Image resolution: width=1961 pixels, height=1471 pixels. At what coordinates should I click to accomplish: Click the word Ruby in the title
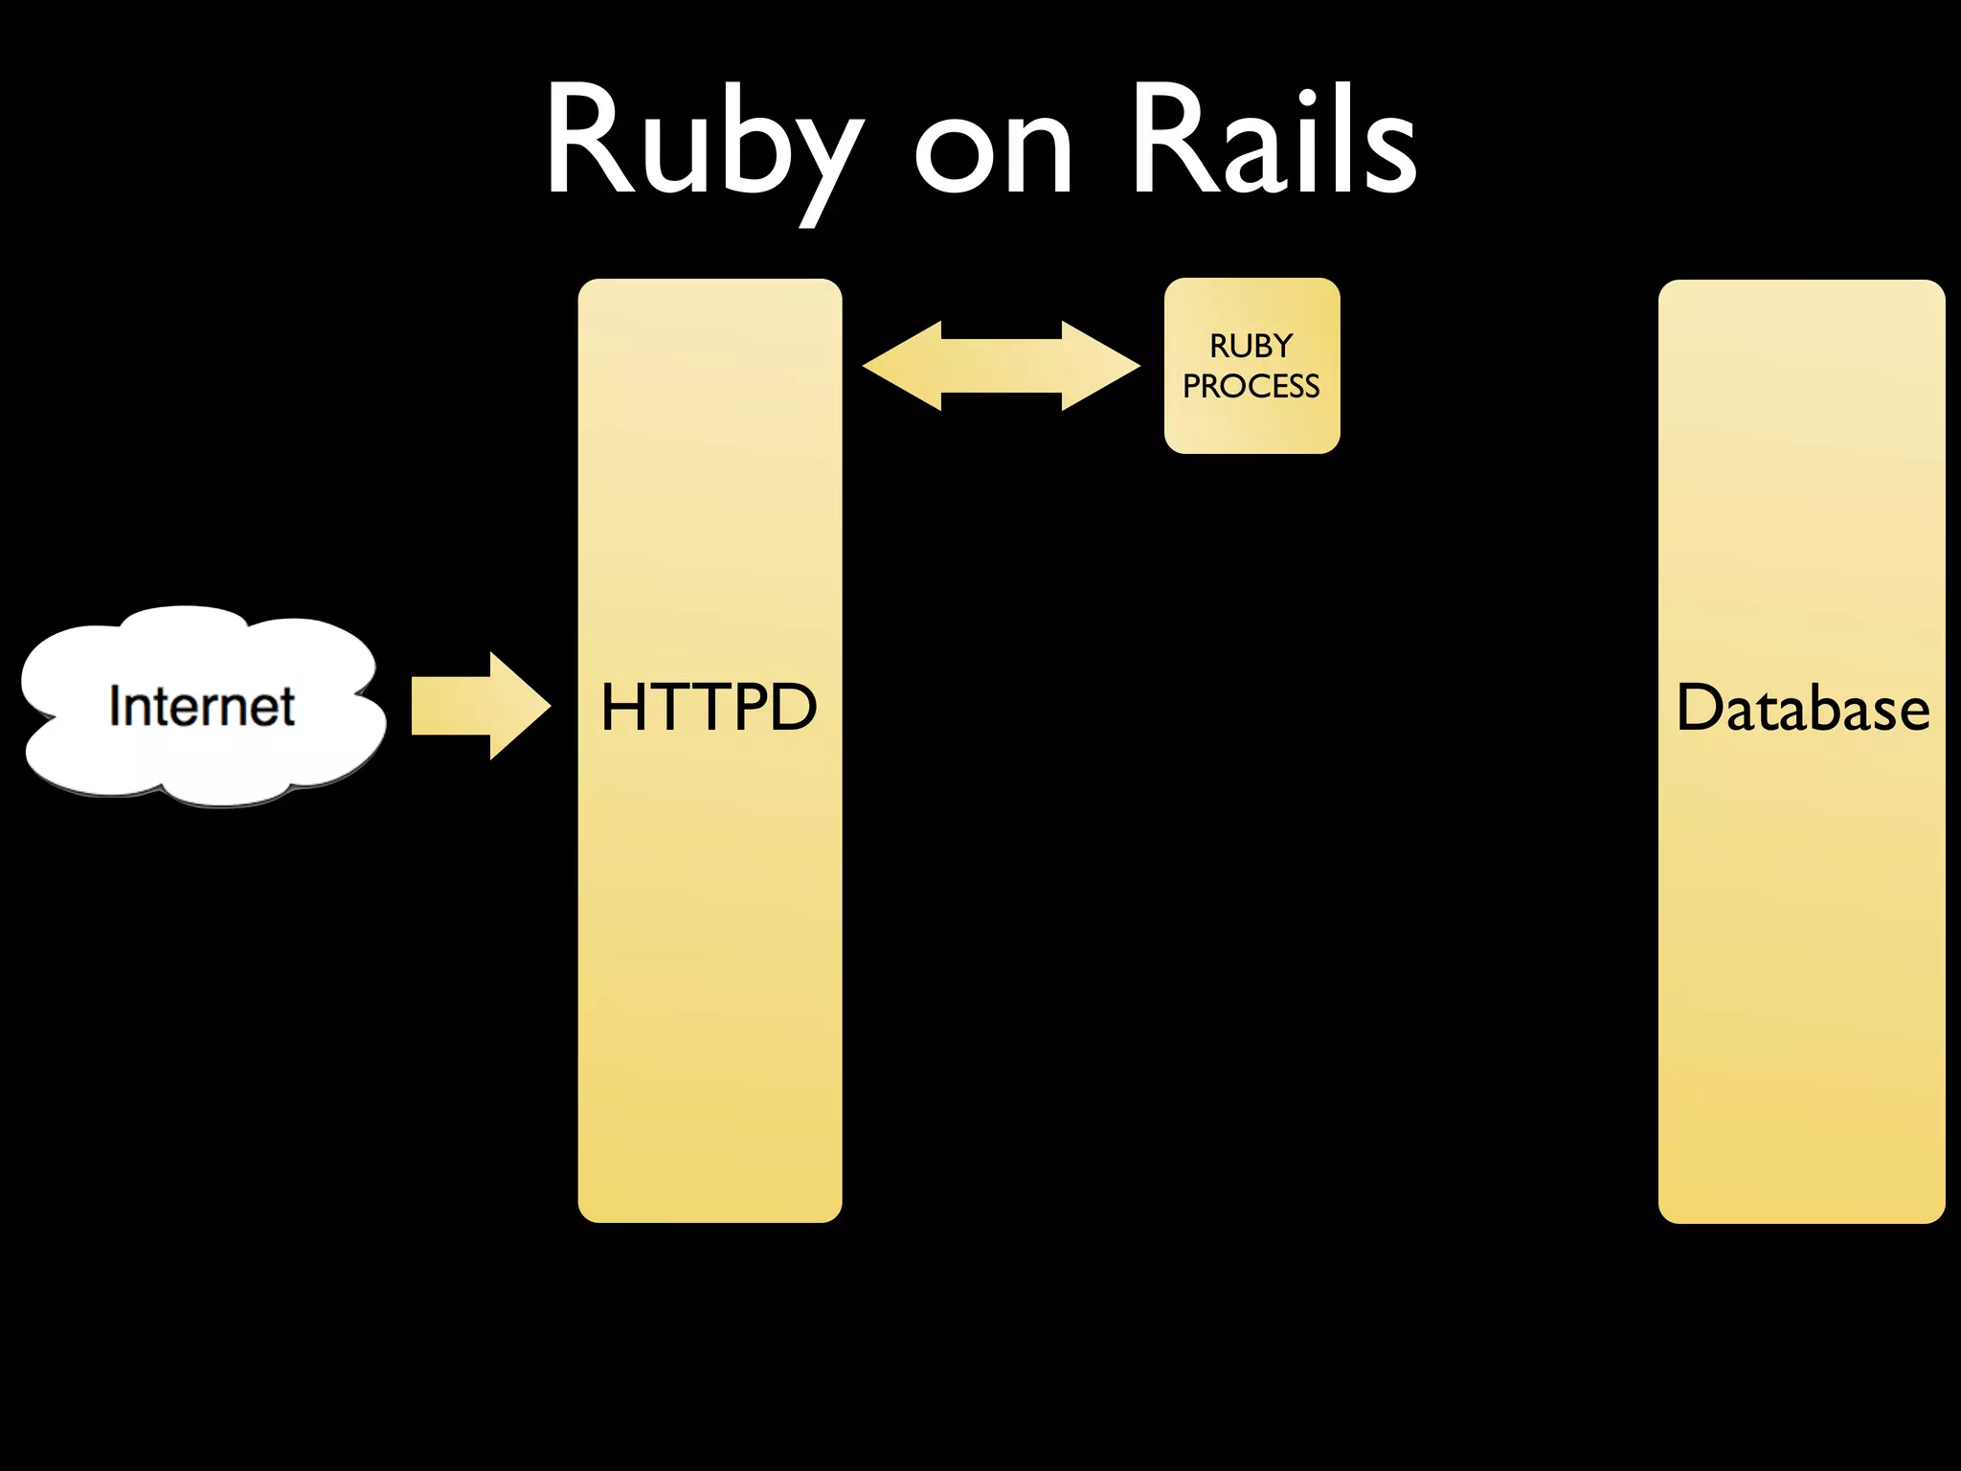pos(704,144)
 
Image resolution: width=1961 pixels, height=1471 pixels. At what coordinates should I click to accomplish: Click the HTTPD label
pos(709,708)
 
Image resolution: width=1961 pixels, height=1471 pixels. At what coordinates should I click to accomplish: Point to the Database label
pos(1802,709)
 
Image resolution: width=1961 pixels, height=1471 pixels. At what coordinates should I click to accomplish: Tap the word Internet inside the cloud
pos(201,707)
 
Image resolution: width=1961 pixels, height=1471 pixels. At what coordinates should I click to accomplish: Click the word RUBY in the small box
pos(1251,346)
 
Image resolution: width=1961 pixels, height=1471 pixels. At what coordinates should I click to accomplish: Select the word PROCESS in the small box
pos(1251,386)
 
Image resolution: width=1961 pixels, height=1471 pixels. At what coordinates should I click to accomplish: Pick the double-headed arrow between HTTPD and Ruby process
pos(1002,366)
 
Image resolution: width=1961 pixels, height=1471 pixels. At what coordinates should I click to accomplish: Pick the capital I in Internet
pos(115,707)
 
